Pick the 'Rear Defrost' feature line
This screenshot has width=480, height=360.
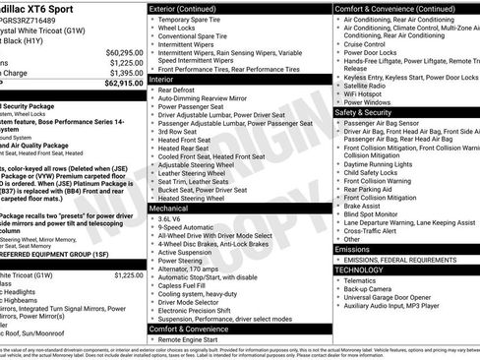pos(182,90)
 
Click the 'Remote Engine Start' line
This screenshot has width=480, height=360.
pos(195,339)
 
